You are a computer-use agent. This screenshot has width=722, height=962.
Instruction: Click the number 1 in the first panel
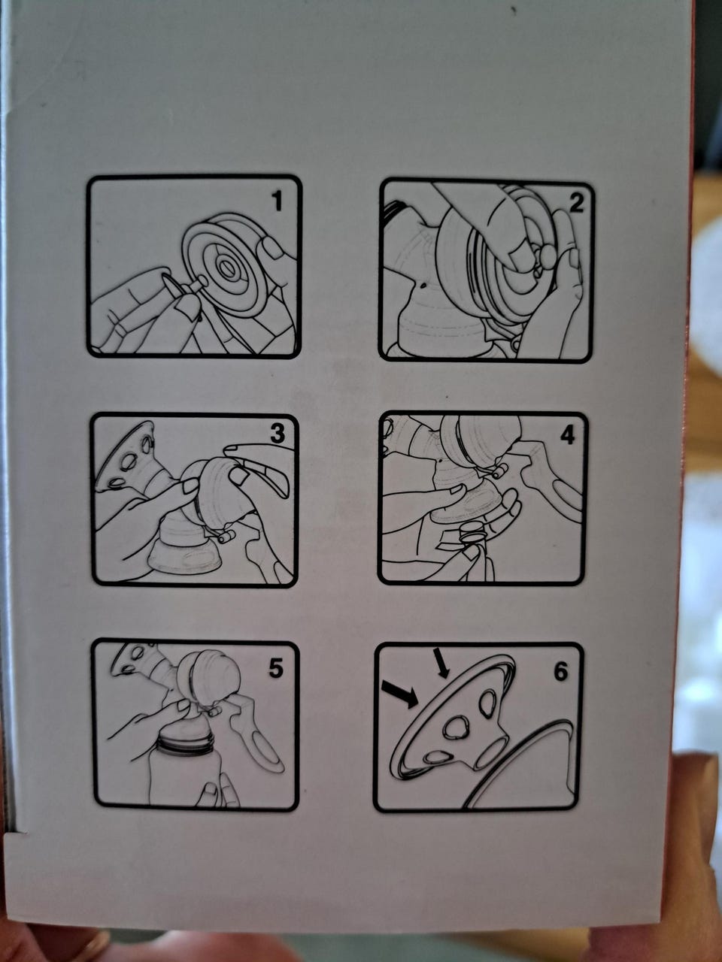point(277,201)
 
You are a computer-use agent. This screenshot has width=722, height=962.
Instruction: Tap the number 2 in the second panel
point(576,203)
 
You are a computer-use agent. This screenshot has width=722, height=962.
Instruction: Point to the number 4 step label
point(567,435)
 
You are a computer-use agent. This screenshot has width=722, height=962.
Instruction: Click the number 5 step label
point(277,668)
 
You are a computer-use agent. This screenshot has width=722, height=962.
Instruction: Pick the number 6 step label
point(561,671)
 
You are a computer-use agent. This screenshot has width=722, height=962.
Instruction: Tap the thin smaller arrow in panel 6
point(442,663)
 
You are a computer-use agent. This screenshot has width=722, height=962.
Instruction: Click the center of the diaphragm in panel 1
point(226,267)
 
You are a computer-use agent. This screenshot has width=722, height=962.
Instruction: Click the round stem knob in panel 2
point(547,255)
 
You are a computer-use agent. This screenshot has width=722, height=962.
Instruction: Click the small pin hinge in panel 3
point(226,537)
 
